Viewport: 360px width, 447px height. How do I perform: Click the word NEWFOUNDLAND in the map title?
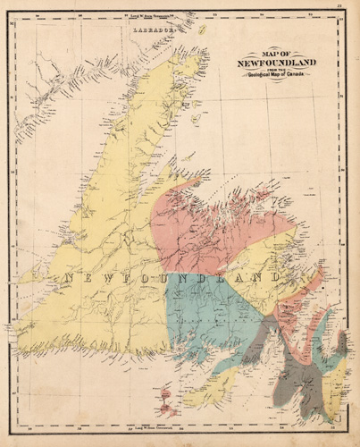(x=276, y=63)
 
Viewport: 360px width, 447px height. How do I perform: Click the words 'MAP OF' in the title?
(x=276, y=53)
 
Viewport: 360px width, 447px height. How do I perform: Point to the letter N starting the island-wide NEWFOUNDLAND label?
(x=67, y=279)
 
